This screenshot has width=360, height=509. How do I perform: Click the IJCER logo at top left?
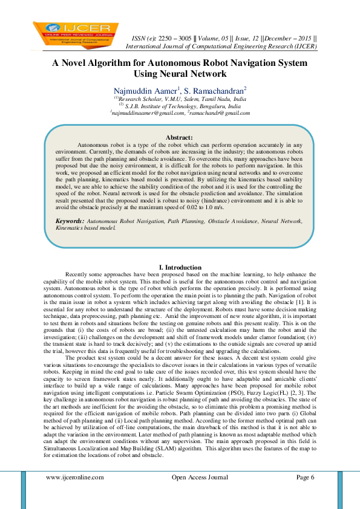pyautogui.click(x=72, y=35)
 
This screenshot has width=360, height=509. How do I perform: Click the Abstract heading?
pyautogui.click(x=179, y=138)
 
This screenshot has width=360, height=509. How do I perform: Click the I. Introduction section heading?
pyautogui.click(x=180, y=267)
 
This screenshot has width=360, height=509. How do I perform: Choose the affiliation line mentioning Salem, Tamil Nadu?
pyautogui.click(x=180, y=98)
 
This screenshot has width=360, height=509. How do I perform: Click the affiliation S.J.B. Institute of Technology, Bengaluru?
pyautogui.click(x=180, y=105)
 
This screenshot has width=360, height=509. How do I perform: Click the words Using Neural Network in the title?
pyautogui.click(x=180, y=74)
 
